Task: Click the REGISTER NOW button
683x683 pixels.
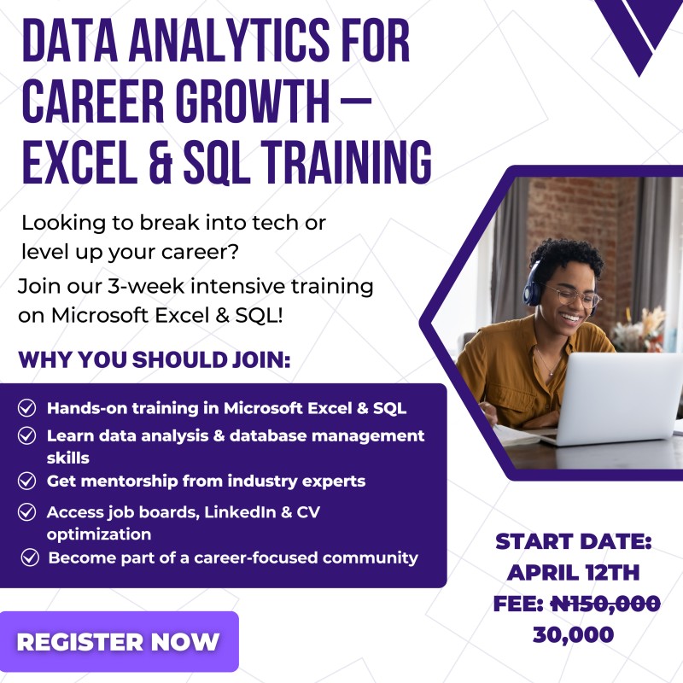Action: (119, 642)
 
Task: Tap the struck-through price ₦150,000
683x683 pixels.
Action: (605, 603)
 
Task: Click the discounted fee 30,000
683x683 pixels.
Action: (573, 634)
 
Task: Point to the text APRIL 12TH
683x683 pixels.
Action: (574, 571)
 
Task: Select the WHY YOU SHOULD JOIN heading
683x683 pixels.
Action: (155, 359)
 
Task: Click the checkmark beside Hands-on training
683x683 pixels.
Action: (26, 408)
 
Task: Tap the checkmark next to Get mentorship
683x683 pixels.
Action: (26, 481)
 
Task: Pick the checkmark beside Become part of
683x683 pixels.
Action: (30, 558)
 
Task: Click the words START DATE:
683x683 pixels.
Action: (574, 540)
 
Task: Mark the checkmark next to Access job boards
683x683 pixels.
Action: (26, 512)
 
